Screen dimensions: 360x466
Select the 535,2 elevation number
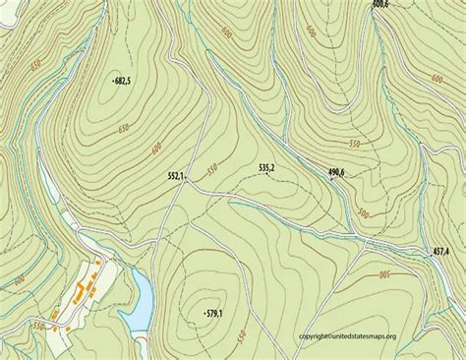pyautogui.click(x=265, y=169)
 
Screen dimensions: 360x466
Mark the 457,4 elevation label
pyautogui.click(x=447, y=252)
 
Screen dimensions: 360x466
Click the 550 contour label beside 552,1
pyautogui.click(x=210, y=171)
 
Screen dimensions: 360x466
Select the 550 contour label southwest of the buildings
pyautogui.click(x=38, y=325)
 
